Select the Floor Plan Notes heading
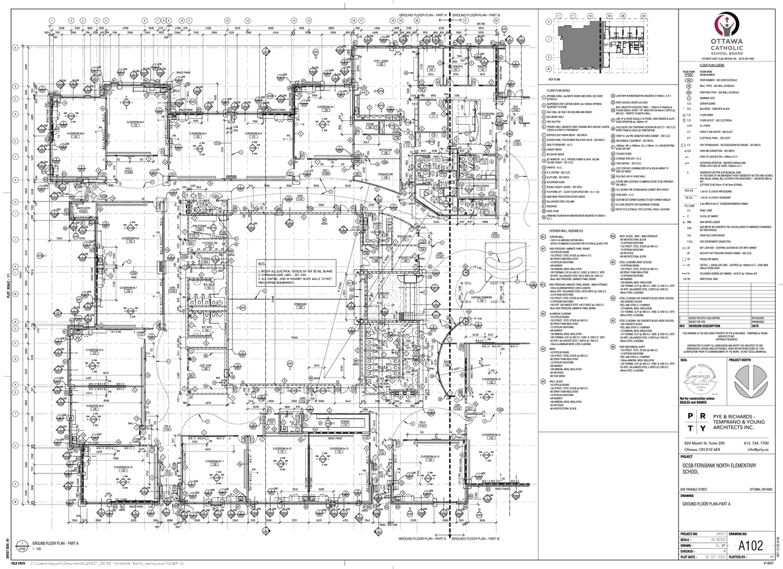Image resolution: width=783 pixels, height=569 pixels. coord(558,90)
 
